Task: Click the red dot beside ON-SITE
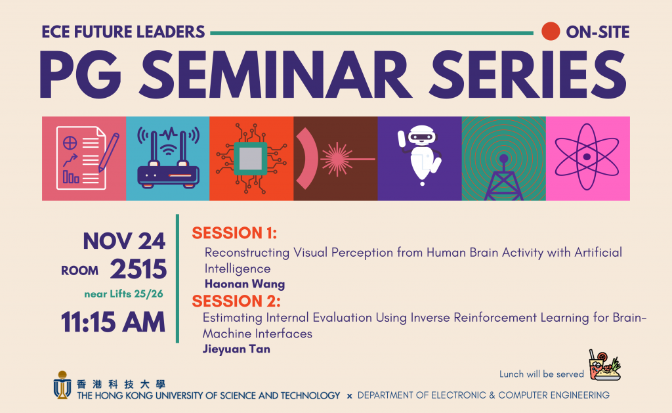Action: point(551,32)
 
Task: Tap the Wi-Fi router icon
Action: point(168,158)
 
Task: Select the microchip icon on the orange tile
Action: point(251,159)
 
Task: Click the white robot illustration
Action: point(421,155)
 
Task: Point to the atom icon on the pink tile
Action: point(587,157)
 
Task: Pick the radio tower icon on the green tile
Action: point(503,177)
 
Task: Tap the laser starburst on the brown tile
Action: point(337,159)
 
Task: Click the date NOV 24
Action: point(124,241)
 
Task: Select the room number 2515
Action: point(138,269)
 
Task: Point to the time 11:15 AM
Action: point(113,322)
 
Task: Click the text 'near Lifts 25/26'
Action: point(123,293)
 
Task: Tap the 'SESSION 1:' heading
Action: point(234,233)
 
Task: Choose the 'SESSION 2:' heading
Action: point(236,301)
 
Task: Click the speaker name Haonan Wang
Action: point(245,284)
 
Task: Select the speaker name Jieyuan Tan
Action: point(236,349)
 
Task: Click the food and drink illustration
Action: point(604,365)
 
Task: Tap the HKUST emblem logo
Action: point(62,385)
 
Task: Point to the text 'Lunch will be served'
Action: point(541,374)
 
